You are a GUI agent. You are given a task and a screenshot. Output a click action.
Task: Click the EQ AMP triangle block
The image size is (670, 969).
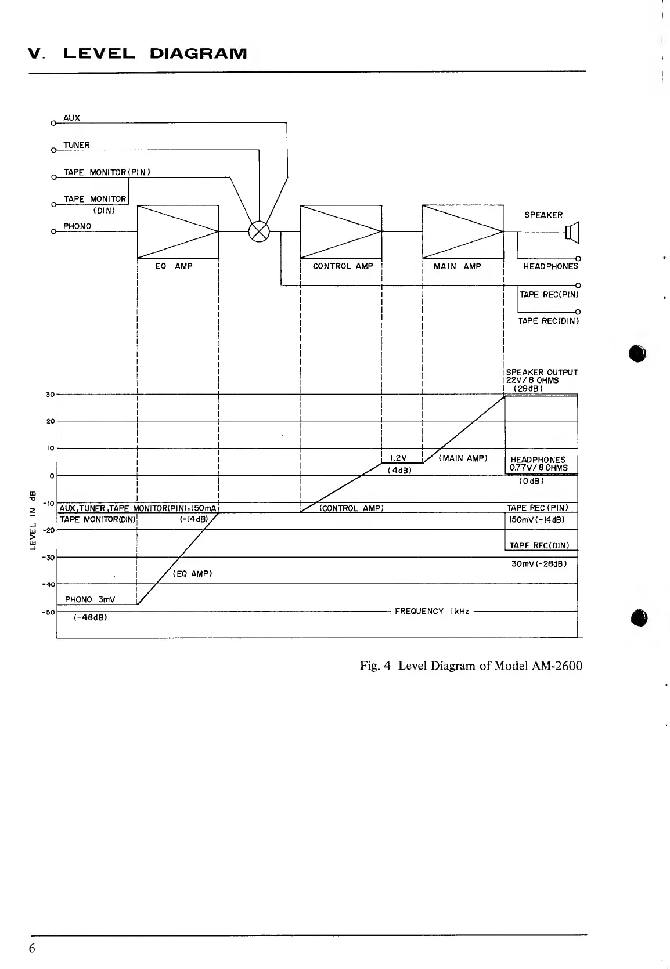click(178, 231)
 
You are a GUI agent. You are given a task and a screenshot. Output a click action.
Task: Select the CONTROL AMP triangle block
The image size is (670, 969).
click(340, 231)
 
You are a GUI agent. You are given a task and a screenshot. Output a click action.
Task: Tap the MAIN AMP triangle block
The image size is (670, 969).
click(463, 231)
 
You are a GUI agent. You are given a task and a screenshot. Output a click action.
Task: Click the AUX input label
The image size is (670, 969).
click(72, 118)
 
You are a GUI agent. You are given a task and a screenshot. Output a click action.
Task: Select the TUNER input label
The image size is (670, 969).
click(77, 145)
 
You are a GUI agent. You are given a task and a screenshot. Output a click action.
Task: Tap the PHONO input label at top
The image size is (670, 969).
click(77, 226)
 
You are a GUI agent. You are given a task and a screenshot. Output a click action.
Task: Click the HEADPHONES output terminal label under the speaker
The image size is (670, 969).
click(550, 266)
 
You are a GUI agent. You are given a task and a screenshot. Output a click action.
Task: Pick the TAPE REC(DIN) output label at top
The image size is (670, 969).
click(548, 321)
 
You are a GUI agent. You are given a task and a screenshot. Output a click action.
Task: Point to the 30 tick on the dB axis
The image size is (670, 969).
click(50, 395)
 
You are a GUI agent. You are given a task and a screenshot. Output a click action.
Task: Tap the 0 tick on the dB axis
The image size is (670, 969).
click(52, 476)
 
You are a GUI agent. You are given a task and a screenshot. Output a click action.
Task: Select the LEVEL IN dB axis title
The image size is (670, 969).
click(34, 520)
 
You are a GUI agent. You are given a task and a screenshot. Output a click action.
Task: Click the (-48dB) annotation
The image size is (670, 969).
click(91, 617)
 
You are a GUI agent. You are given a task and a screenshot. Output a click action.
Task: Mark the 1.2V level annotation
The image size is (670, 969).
click(398, 458)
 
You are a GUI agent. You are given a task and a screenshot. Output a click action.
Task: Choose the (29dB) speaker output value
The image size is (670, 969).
click(528, 388)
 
